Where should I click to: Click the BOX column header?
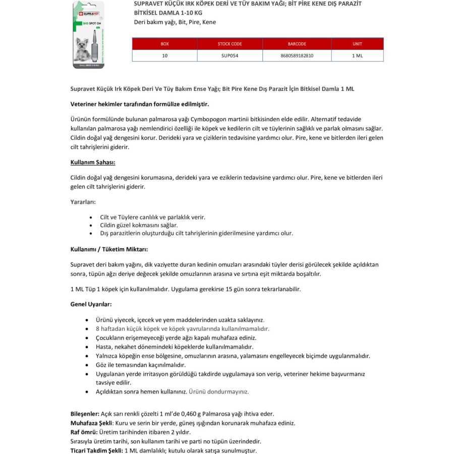(x=164, y=44)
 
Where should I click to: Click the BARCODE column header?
(x=297, y=44)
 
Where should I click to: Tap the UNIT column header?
(x=357, y=44)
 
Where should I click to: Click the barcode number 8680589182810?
(x=297, y=55)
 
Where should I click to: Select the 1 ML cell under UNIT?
(x=357, y=55)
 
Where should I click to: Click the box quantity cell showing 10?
(x=164, y=55)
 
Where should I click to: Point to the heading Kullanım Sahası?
(x=93, y=163)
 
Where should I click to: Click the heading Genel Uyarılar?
(x=91, y=304)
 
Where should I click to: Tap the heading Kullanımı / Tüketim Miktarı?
(x=109, y=249)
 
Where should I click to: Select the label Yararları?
(x=83, y=202)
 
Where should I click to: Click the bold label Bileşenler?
(x=85, y=414)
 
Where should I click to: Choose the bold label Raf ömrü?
(x=83, y=432)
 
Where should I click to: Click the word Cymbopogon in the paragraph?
(x=207, y=119)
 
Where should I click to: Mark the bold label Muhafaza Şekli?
(x=90, y=423)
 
